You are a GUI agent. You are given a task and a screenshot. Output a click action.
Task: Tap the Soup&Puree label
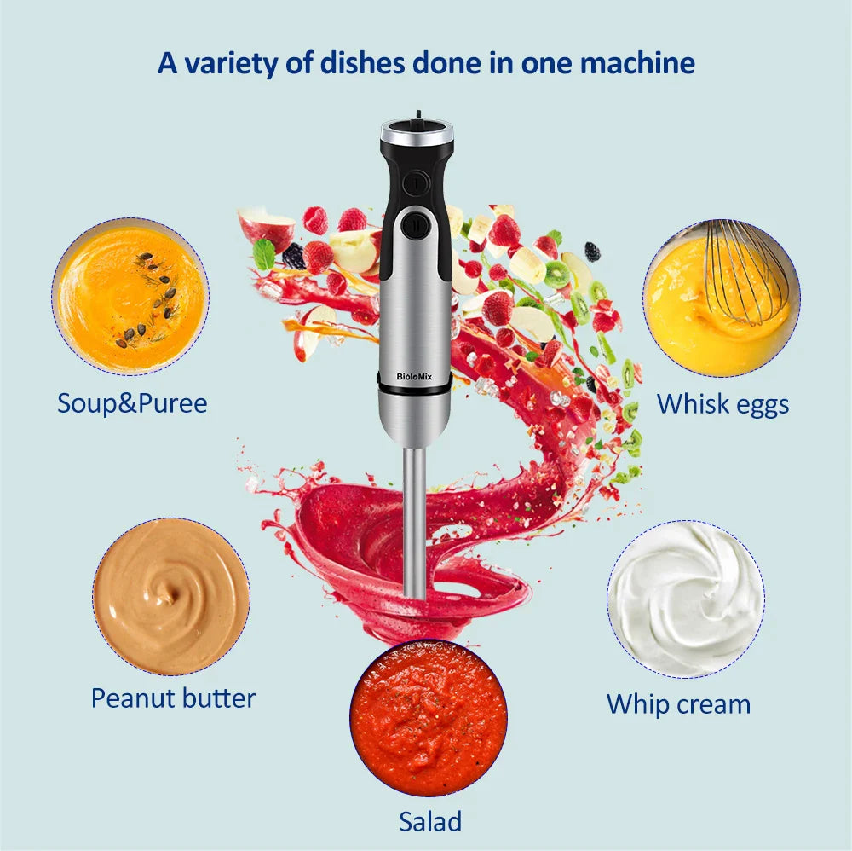click(132, 402)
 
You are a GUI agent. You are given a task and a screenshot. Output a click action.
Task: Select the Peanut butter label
click(173, 698)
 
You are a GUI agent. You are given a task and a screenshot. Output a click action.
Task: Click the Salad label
click(430, 821)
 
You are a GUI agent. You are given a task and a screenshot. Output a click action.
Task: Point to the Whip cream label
click(678, 704)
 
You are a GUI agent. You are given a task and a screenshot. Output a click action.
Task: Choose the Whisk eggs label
click(722, 403)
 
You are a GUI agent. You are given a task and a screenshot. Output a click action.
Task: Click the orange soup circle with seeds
click(130, 296)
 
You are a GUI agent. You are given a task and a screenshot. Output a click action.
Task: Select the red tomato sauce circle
click(429, 717)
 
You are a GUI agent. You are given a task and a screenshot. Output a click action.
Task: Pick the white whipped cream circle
click(686, 599)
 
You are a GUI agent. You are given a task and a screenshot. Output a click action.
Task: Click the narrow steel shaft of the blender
click(415, 520)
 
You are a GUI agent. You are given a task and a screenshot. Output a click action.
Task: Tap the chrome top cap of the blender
click(416, 133)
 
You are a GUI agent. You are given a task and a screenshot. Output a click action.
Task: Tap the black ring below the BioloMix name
click(415, 389)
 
